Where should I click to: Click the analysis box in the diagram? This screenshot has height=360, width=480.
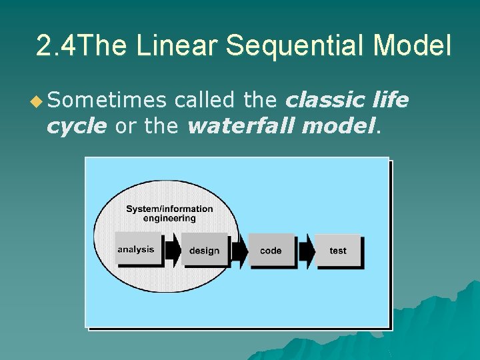138,249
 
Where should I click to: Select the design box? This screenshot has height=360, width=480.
205,251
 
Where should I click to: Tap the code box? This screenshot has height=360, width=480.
271,251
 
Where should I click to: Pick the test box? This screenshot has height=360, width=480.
338,251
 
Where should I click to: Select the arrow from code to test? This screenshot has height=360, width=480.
307,251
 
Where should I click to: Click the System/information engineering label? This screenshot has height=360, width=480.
169,213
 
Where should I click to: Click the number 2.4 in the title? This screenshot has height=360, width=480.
56,46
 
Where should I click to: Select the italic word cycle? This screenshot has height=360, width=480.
76,125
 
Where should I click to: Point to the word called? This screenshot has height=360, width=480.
203,100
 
